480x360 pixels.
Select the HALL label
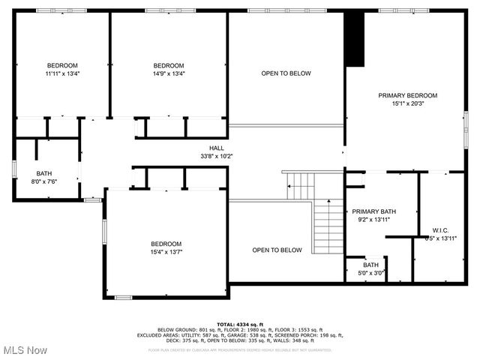click(217, 148)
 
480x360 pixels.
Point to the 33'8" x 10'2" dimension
click(217, 156)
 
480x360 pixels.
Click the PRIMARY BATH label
click(373, 211)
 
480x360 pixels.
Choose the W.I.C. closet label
click(440, 229)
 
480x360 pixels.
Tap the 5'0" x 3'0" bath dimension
click(371, 273)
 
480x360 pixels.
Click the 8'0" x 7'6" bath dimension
click(44, 181)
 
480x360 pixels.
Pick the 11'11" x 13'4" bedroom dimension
click(62, 73)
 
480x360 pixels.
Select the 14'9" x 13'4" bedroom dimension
click(169, 73)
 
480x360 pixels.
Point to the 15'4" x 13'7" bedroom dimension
click(166, 252)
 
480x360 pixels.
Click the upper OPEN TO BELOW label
click(286, 73)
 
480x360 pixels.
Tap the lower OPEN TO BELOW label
click(277, 250)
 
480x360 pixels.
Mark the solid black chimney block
click(353, 40)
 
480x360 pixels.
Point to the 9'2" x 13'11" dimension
click(373, 220)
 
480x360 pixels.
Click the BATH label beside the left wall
click(44, 172)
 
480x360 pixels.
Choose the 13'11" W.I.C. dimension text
click(440, 238)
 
